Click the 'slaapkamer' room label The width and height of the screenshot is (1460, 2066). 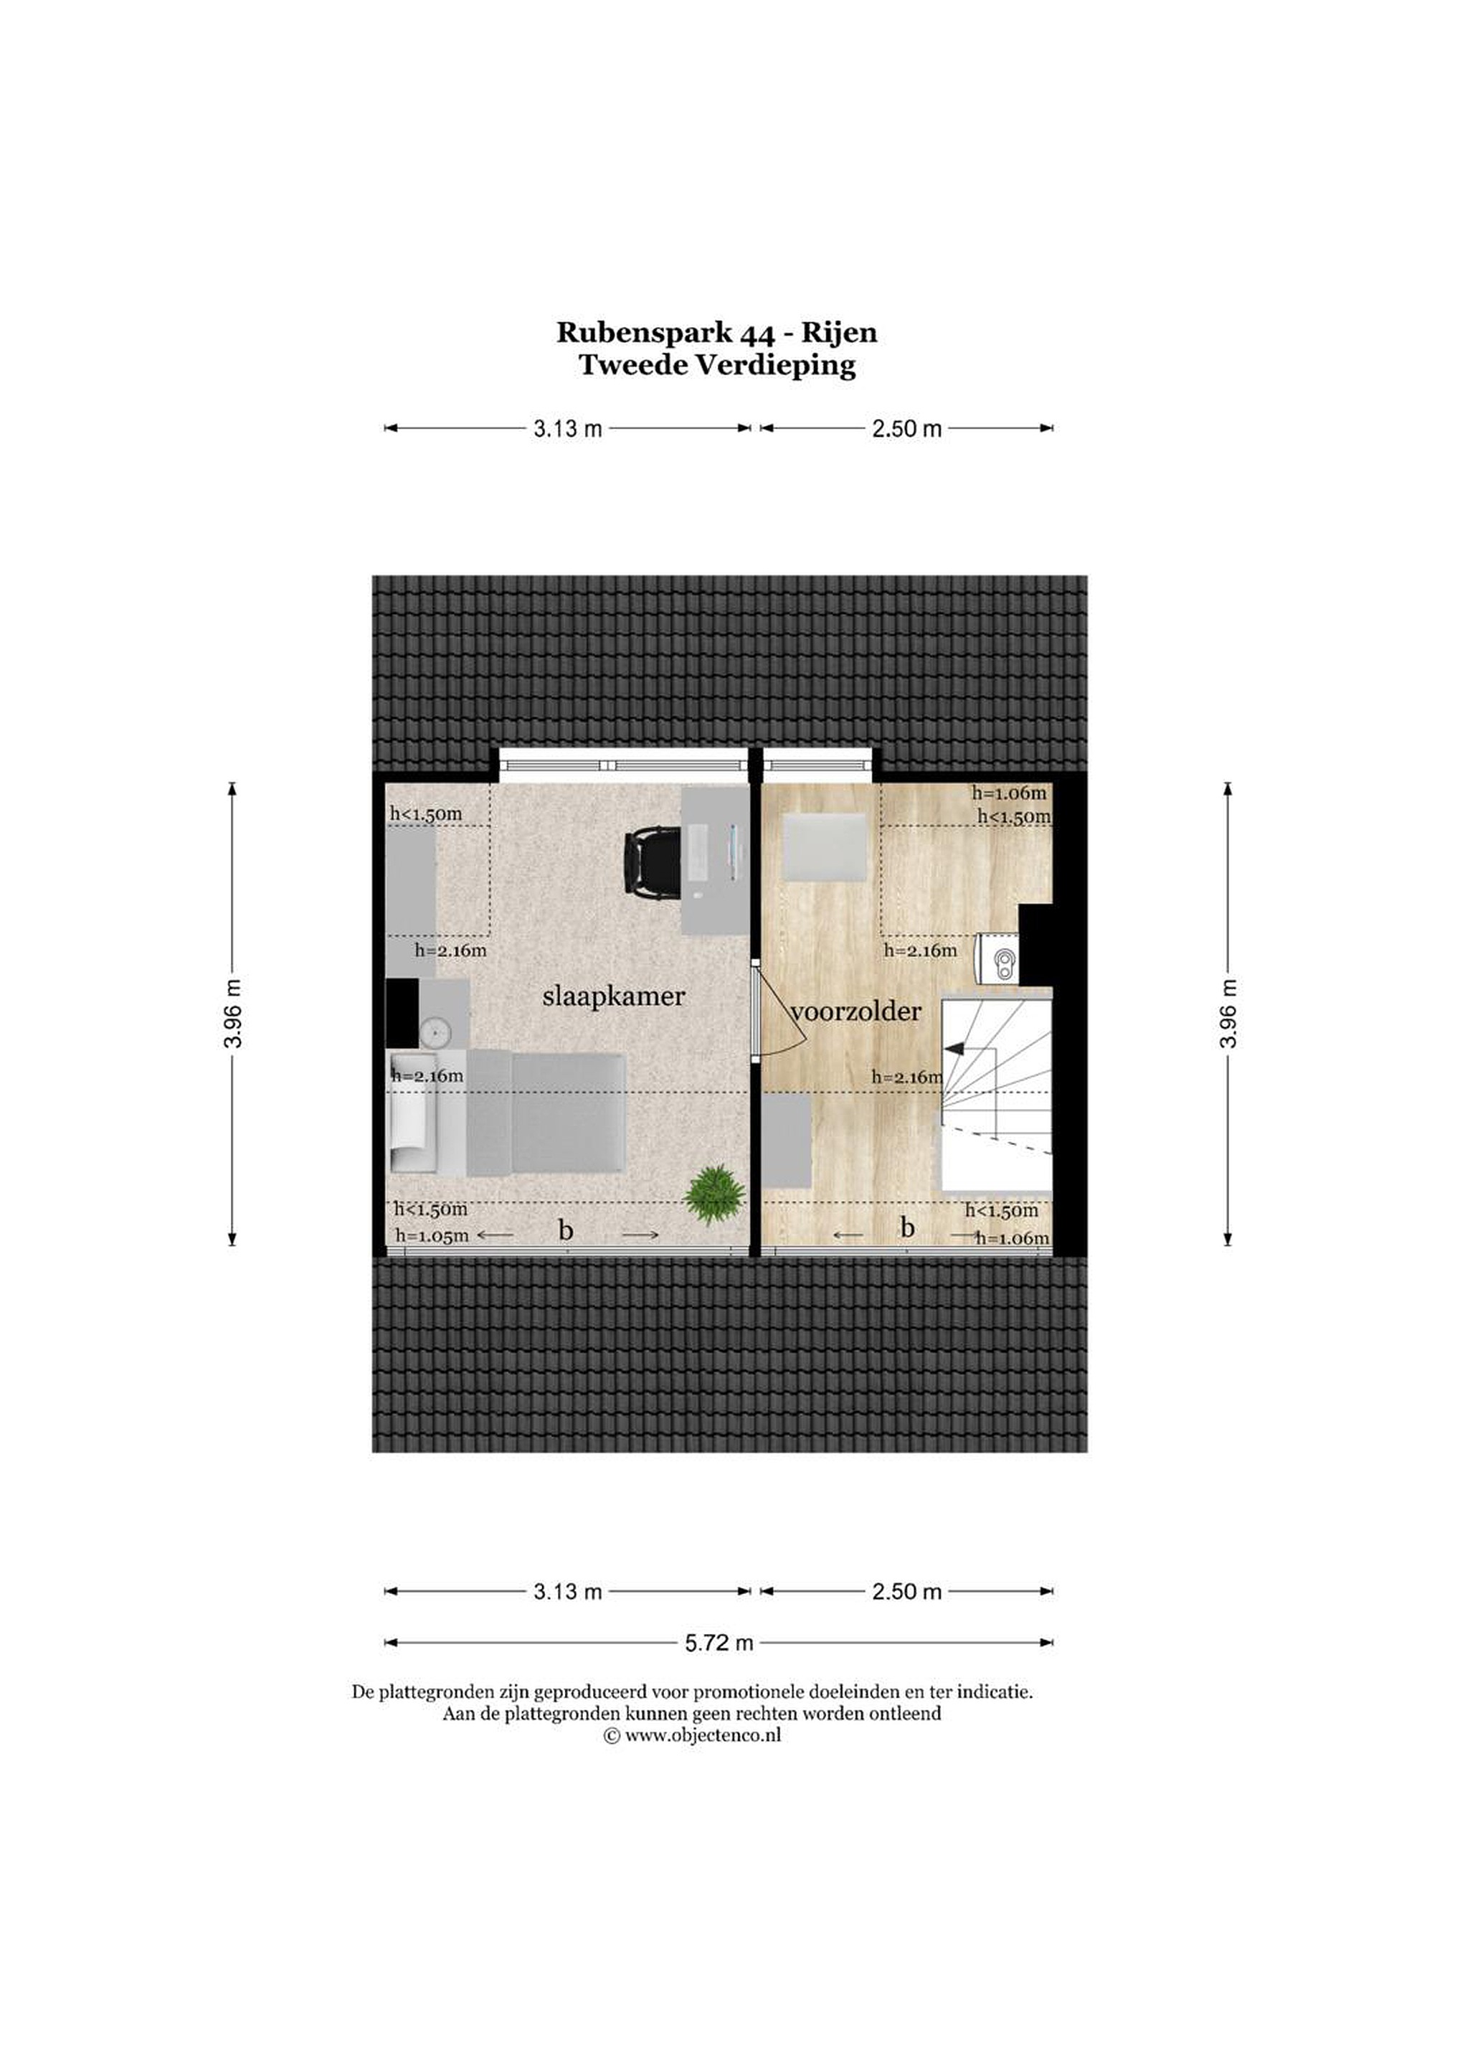(614, 997)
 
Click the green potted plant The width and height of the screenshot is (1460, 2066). (714, 1195)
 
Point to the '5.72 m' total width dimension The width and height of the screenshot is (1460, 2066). (719, 1643)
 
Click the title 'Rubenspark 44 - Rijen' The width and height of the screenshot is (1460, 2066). (717, 333)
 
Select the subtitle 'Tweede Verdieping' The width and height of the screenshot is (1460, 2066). (717, 367)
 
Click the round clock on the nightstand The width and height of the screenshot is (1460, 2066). (434, 1030)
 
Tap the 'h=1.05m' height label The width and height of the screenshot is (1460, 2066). (432, 1236)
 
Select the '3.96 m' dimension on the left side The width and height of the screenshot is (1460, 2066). (233, 1012)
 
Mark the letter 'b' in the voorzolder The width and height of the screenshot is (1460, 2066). (907, 1227)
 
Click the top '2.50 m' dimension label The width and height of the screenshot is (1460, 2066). (907, 429)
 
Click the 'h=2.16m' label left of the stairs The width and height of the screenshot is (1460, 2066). (908, 1077)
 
